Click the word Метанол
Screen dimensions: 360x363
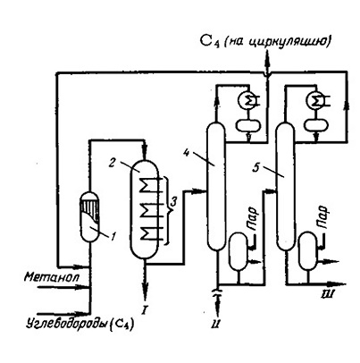point(52,277)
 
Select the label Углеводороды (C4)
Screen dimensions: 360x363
point(80,324)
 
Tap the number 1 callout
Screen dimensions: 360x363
point(113,236)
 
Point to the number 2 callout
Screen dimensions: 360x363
point(112,164)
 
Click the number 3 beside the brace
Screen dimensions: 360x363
point(173,202)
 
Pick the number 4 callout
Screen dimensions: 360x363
point(186,152)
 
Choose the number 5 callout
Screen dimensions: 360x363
point(255,168)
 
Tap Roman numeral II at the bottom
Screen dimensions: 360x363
point(216,324)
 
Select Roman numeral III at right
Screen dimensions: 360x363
point(328,295)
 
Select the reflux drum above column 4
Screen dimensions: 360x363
point(248,125)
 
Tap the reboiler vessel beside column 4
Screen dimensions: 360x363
point(238,251)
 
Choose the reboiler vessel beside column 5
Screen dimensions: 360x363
point(308,251)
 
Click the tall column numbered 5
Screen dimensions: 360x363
point(285,187)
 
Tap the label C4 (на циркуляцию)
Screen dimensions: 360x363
point(265,41)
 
